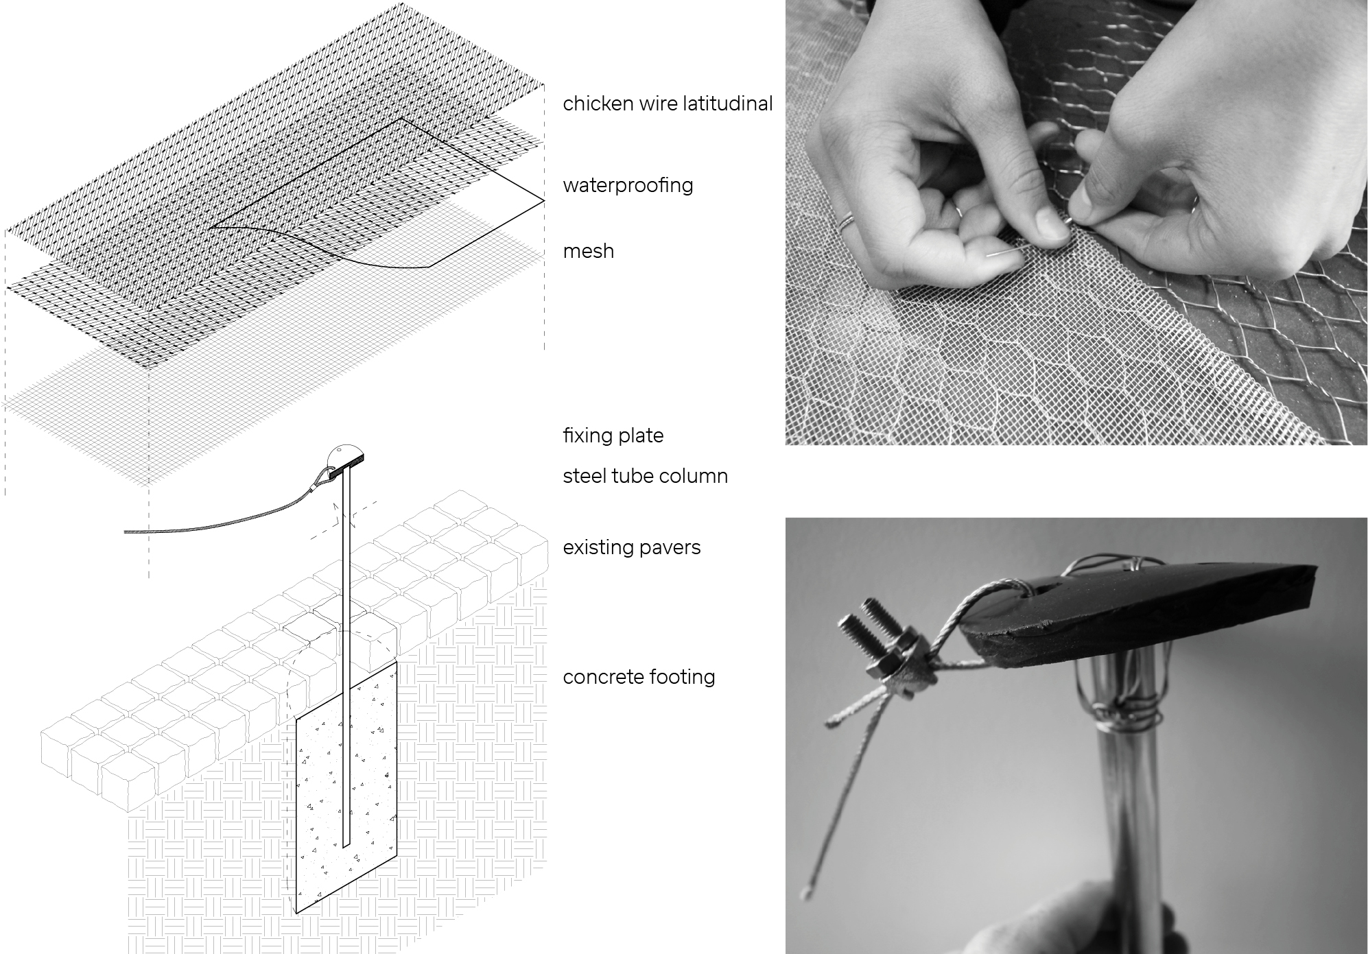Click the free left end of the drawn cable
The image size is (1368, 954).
(126, 532)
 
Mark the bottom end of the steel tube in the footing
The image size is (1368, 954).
(346, 845)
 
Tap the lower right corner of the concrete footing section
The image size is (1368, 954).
(397, 857)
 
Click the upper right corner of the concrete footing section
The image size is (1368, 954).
(397, 662)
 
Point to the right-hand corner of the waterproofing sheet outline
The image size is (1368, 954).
(545, 201)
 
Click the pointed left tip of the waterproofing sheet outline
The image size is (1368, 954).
(211, 226)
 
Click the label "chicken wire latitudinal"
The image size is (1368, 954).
(668, 104)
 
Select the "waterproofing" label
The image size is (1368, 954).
(628, 185)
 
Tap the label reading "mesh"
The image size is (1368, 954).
(588, 251)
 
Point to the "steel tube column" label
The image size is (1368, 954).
(645, 476)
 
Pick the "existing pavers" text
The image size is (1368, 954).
(631, 547)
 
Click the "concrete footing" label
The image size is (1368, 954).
(639, 677)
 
